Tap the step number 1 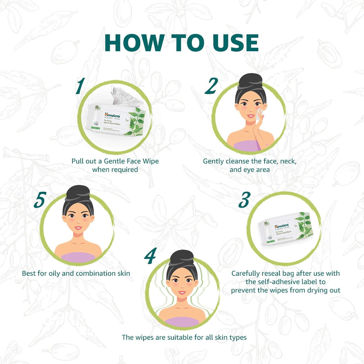[x=80, y=86]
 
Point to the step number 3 [x=244, y=200]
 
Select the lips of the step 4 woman [x=182, y=293]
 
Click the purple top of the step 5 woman [x=78, y=257]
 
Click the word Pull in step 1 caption [x=77, y=161]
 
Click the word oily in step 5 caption [x=54, y=274]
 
